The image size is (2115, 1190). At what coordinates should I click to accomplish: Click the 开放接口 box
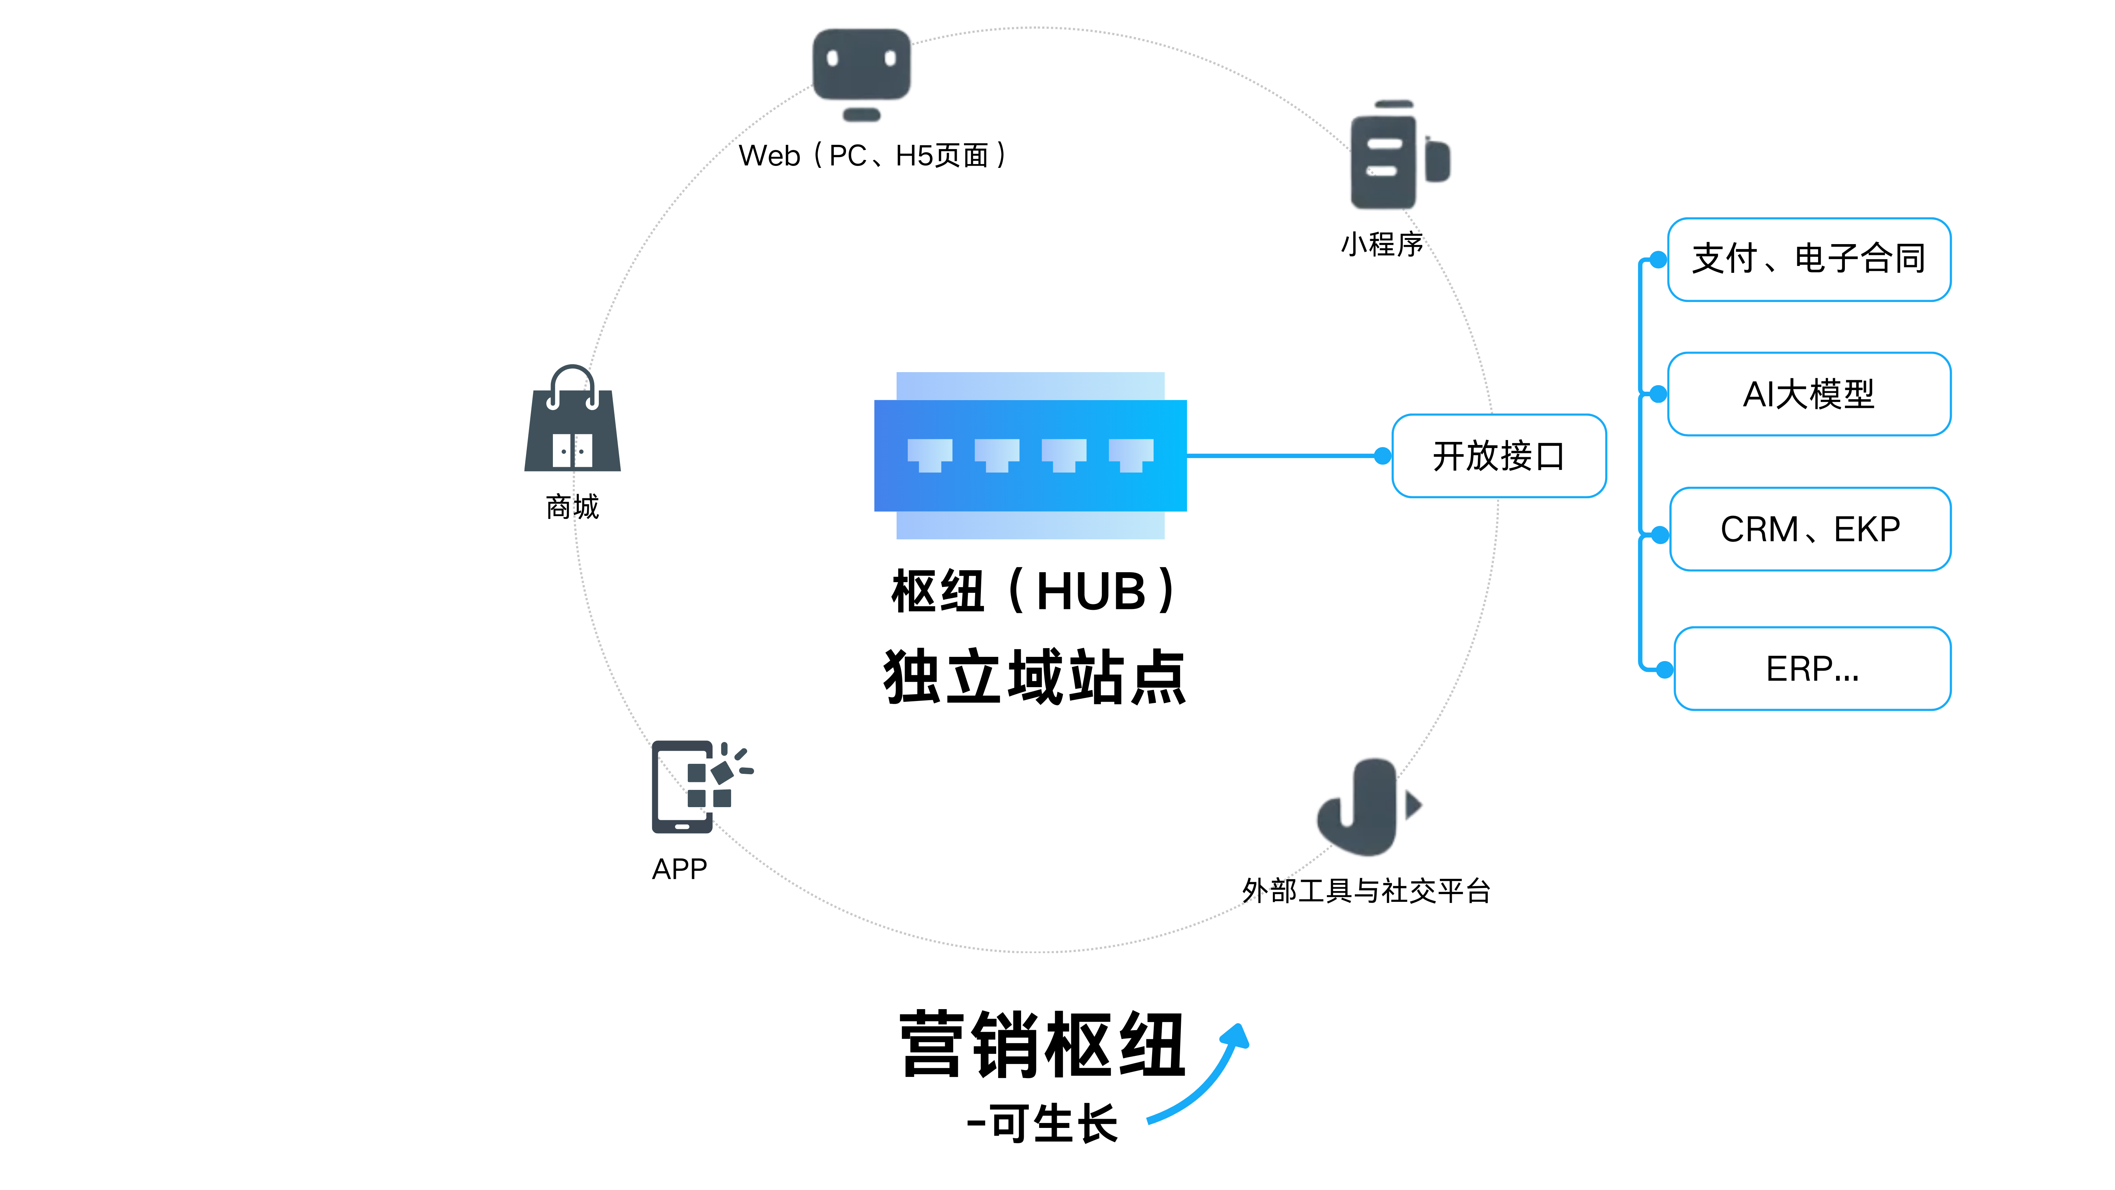point(1499,456)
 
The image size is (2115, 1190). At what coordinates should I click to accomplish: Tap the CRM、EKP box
point(1810,529)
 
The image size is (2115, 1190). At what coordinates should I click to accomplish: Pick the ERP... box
point(1812,668)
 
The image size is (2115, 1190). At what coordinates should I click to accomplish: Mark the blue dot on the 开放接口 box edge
point(1383,456)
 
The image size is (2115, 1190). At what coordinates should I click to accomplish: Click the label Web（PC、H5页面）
point(872,155)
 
